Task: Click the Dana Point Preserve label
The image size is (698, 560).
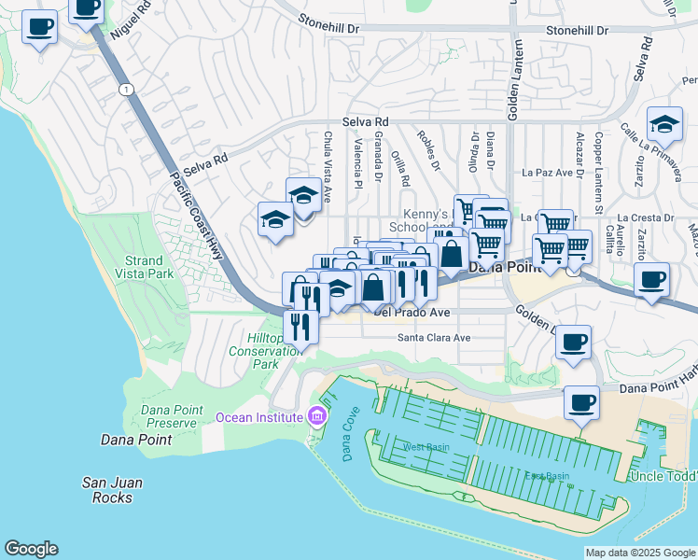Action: coord(170,416)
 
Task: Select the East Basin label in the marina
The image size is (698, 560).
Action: coord(547,476)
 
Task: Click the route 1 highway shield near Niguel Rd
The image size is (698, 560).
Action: coord(125,89)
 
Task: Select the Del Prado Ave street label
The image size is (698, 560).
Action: coord(412,313)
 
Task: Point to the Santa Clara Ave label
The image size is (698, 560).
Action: coord(434,338)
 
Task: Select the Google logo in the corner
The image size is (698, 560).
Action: coord(31,549)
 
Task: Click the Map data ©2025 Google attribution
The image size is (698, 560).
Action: coord(639,553)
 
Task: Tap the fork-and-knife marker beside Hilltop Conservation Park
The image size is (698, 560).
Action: coord(300,328)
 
